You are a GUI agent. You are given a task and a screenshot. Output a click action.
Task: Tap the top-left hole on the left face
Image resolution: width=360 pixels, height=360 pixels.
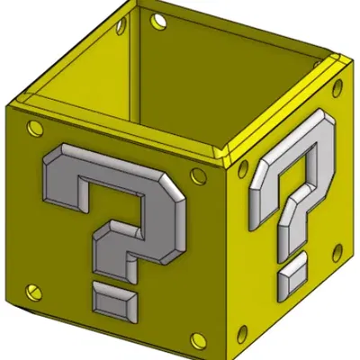(x=33, y=126)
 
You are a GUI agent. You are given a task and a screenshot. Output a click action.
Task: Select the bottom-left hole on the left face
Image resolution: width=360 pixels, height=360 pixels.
(x=35, y=290)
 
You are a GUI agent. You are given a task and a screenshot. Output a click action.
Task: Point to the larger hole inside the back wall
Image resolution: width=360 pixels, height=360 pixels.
(x=159, y=19)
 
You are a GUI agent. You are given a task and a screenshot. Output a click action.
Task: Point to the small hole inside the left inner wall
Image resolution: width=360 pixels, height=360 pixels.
(x=121, y=30)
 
